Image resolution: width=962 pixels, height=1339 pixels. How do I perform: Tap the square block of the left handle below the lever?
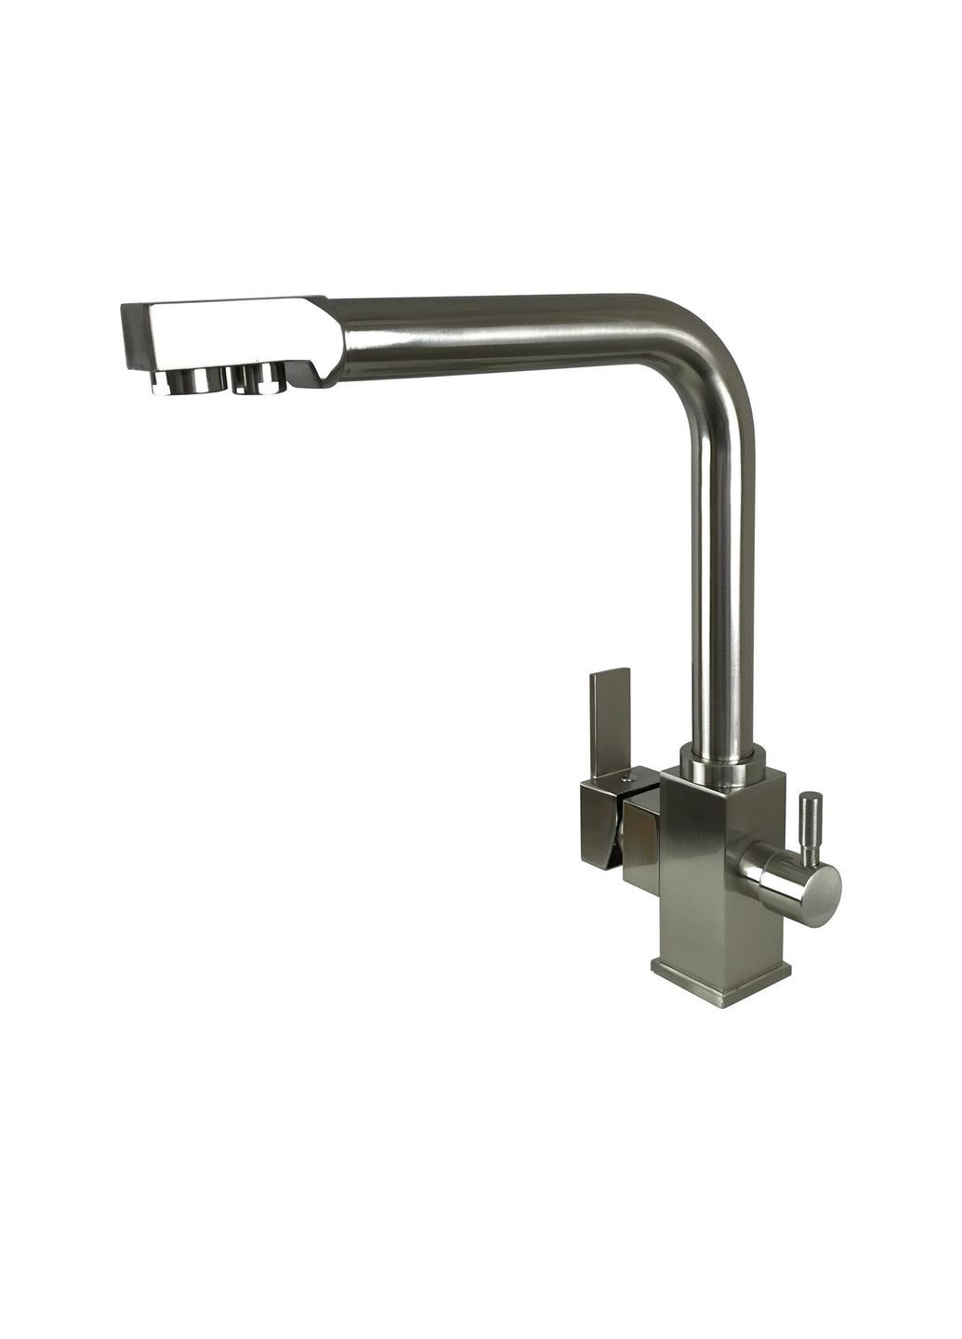coord(602,823)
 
